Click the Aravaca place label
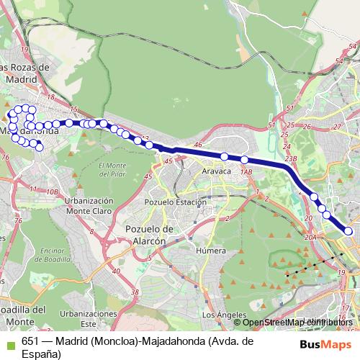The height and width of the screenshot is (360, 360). (216, 173)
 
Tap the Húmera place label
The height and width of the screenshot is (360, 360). (212, 251)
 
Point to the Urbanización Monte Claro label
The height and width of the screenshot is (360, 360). (89, 205)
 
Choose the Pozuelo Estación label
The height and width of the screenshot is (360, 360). (176, 203)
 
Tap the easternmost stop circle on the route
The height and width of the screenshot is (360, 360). (348, 231)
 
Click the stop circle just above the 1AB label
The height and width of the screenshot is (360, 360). (245, 160)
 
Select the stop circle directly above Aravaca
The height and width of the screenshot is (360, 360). (225, 156)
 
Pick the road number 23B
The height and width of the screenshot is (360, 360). (291, 158)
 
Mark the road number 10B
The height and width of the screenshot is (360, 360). (51, 192)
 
